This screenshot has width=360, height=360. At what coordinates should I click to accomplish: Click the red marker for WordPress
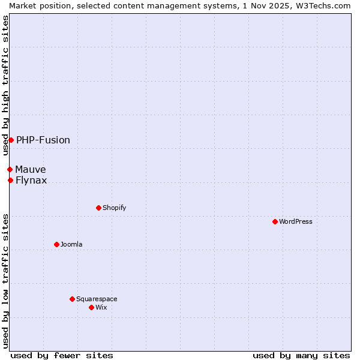point(275,221)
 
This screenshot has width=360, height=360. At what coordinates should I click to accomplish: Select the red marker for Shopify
point(98,208)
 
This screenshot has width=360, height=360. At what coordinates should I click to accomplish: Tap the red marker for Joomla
point(56,244)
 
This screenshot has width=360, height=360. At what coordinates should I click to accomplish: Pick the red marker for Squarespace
point(72,299)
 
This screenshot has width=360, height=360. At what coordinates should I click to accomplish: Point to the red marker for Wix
point(91,307)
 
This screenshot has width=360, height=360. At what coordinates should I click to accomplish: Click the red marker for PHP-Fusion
point(11,140)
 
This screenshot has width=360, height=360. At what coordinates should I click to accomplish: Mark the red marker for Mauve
point(10,169)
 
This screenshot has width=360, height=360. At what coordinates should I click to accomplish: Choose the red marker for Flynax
point(10,180)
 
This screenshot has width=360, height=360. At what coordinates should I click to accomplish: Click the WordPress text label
point(296,221)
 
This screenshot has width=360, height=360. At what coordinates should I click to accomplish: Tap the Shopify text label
point(115,208)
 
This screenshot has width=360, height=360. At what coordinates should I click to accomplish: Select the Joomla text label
point(71,244)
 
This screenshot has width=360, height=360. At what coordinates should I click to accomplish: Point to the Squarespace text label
point(97,299)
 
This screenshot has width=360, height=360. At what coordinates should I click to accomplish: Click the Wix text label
point(101,307)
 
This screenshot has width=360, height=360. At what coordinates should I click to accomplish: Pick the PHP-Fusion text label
point(43,140)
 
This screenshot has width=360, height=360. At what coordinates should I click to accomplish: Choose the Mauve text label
point(31,169)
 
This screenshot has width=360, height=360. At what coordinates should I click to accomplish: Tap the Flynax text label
point(31,180)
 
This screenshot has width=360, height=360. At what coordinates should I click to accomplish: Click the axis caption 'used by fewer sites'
point(62,355)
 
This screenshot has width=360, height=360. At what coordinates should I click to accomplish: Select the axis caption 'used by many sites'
point(301,355)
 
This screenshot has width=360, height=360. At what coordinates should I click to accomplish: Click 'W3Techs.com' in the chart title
point(327,5)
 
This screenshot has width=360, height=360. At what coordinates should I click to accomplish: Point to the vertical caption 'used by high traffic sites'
point(5,85)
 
